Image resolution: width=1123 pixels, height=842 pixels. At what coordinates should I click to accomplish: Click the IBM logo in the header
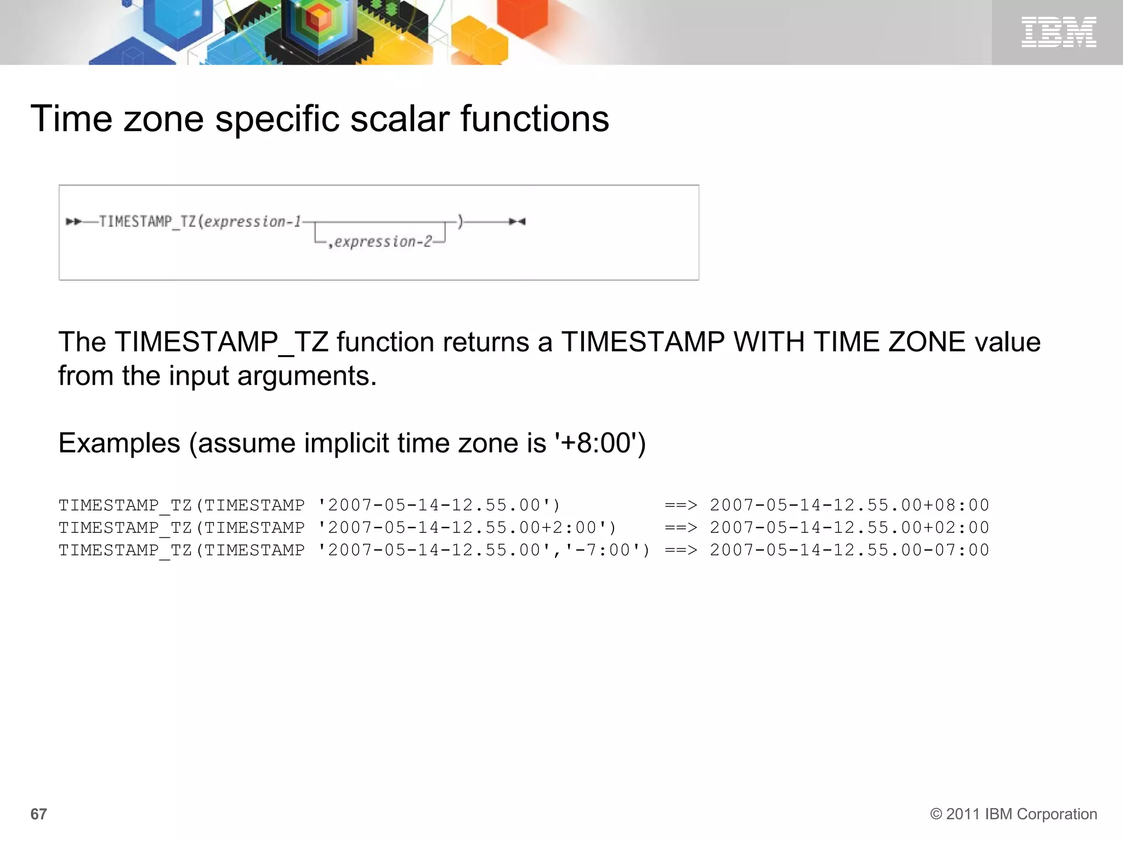pos(1058,32)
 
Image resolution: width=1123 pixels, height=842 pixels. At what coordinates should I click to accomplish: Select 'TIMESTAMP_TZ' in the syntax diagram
pos(148,221)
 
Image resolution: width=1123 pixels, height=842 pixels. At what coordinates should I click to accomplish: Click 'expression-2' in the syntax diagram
pos(383,242)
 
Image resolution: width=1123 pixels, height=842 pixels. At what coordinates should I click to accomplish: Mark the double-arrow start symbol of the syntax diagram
pos(73,221)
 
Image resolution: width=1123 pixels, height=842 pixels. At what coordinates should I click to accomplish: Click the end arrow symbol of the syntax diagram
pos(517,221)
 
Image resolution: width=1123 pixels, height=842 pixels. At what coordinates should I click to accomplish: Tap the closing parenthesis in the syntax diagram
pos(461,221)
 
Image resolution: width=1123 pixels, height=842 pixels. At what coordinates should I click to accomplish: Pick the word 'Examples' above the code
pos(119,443)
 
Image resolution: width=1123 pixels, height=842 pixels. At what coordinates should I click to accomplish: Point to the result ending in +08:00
pos(849,505)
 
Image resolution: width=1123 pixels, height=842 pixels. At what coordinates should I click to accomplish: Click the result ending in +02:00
pos(849,527)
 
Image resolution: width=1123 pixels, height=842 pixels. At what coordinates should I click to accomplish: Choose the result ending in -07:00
pos(849,550)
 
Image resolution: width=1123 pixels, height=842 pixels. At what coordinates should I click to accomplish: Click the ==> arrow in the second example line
pos(680,527)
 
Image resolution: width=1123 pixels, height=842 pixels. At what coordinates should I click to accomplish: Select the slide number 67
pos(38,814)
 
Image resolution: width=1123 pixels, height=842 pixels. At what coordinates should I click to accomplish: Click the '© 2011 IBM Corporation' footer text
pos(1013,814)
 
